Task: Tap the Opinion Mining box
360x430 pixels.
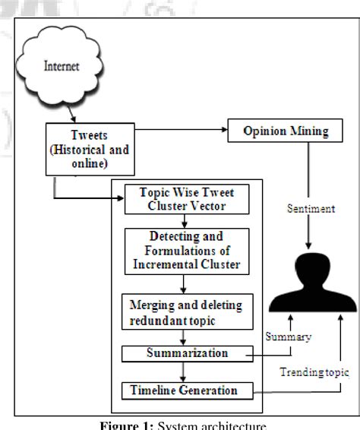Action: (286, 131)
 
